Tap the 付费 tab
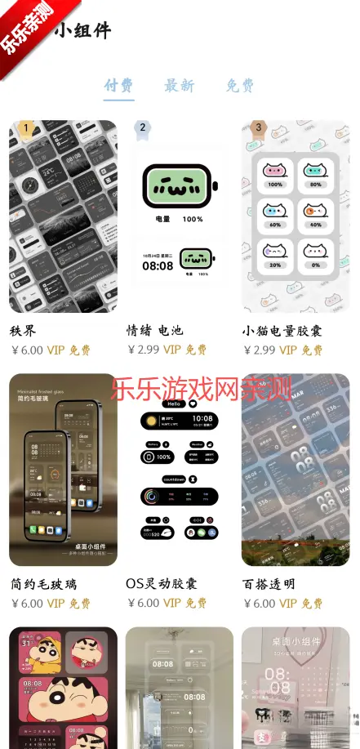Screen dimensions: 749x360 click(x=119, y=85)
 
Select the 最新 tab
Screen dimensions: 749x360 click(x=180, y=85)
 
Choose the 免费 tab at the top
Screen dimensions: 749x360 click(x=240, y=85)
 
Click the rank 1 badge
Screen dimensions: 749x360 click(x=26, y=127)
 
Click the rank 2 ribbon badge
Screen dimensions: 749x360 click(x=143, y=127)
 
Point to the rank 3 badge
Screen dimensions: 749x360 click(x=259, y=127)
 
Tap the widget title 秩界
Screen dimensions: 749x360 click(x=24, y=330)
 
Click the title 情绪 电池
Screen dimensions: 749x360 click(x=155, y=330)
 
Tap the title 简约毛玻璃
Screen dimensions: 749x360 click(x=44, y=583)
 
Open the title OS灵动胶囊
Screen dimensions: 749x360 click(x=162, y=583)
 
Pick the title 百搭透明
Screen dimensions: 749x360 click(x=269, y=583)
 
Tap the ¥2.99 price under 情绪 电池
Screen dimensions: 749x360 click(x=144, y=350)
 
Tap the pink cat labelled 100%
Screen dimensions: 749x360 click(x=275, y=172)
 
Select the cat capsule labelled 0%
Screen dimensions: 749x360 click(x=315, y=254)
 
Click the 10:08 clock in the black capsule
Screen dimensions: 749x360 click(x=202, y=419)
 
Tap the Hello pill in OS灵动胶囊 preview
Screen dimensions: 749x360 click(x=172, y=403)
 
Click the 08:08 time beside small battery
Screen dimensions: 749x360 click(x=158, y=265)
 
